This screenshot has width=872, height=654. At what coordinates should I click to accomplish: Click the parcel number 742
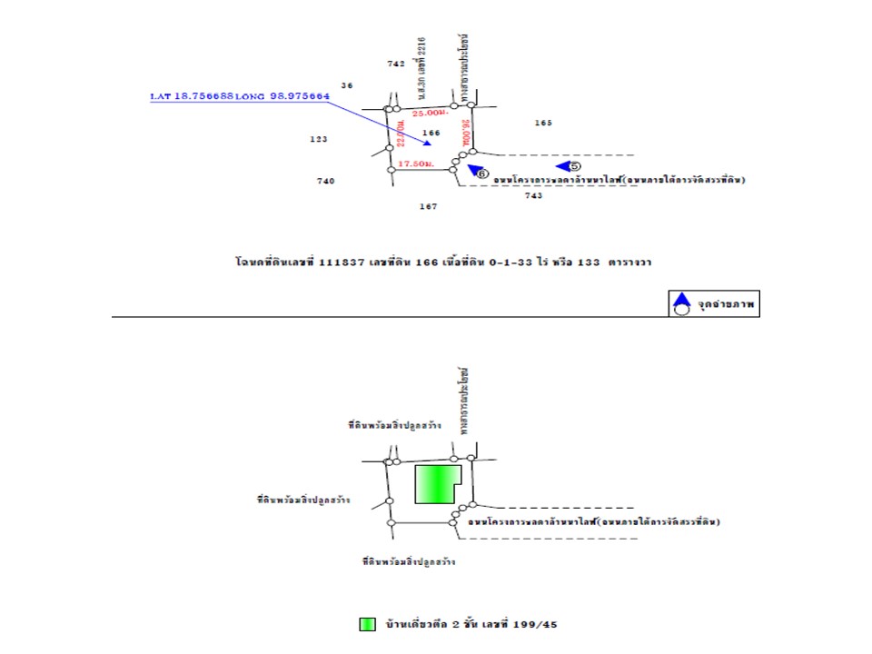pos(395,64)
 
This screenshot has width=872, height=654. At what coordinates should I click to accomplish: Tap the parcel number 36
pos(347,85)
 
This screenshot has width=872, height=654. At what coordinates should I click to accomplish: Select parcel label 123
pos(318,139)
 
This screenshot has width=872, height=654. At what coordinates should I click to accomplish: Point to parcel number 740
pos(325,181)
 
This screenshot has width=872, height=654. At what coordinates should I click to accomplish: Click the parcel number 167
pos(429,206)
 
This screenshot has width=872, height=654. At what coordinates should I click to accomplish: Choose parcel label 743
pos(533,195)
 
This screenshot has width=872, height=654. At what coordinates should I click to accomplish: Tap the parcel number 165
pos(543,122)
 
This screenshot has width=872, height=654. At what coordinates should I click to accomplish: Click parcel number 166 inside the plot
pos(431,133)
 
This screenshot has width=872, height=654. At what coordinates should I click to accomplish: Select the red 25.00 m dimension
pos(430,113)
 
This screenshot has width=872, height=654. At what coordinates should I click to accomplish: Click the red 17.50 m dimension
pos(415,164)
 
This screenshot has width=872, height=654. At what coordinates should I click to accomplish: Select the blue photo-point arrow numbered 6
pos(477,170)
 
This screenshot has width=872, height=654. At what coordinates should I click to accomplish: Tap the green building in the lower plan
pos(437,484)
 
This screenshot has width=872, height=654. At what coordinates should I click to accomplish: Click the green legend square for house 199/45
pos(367,625)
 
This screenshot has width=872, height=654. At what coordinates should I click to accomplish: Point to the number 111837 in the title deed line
pos(341,261)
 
